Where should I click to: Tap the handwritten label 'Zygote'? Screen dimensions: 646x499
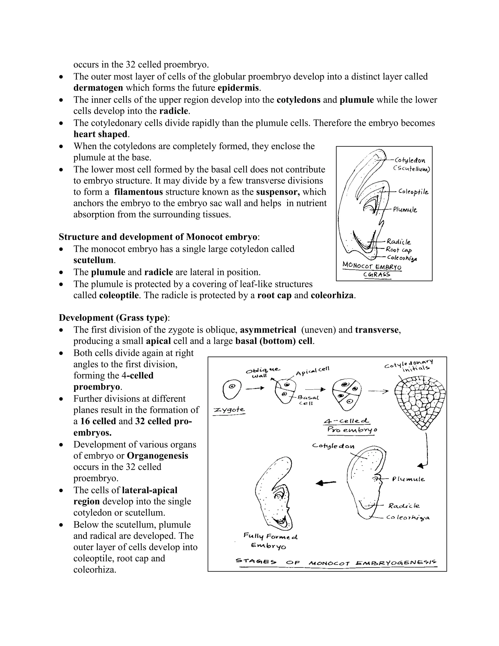[229, 410]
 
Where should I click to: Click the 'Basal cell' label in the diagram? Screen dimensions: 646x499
[308, 400]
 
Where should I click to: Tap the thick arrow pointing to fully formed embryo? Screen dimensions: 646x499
[326, 483]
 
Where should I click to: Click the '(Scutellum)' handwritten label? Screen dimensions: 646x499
[411, 169]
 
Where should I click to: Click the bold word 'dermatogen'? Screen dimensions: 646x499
[98, 88]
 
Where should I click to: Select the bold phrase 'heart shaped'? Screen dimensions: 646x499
[100, 134]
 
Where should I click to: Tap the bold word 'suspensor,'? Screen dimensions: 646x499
[278, 192]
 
